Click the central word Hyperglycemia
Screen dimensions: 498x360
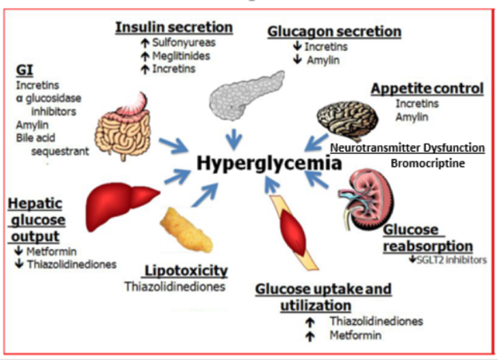269,164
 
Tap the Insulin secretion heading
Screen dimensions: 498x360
174,27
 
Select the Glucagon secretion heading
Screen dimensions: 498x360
334,32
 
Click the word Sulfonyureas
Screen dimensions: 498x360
184,42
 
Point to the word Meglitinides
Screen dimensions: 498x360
181,56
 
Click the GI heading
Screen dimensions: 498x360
25,70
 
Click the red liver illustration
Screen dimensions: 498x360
121,204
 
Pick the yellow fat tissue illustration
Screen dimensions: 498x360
186,231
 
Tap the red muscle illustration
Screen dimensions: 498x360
294,233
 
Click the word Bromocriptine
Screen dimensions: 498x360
428,164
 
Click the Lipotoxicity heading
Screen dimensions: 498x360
186,271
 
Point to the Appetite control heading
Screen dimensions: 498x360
428,89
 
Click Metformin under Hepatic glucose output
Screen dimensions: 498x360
51,251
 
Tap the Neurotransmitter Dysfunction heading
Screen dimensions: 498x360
408,148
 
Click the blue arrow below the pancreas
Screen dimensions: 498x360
234,139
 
